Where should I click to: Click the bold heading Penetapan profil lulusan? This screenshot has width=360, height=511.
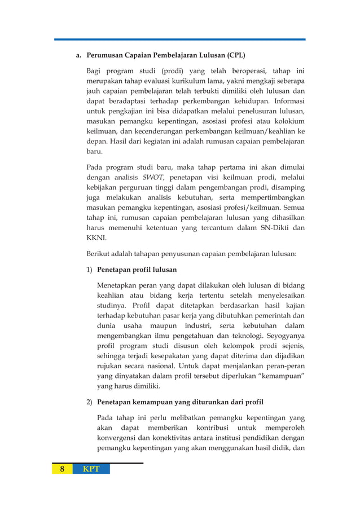click(137, 269)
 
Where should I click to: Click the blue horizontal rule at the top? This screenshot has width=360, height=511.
click(180, 39)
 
